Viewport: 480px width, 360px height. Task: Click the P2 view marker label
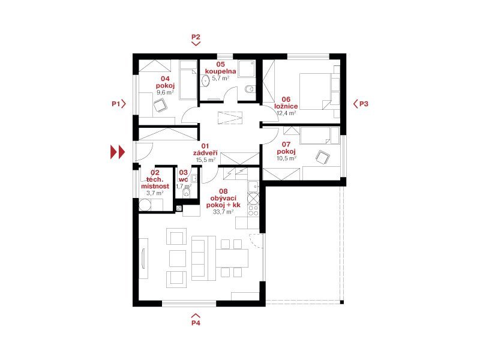tap(196, 37)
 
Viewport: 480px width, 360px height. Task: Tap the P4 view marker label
tap(196, 323)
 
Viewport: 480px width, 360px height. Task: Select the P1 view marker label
tap(116, 104)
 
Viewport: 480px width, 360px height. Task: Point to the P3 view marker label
tap(364, 104)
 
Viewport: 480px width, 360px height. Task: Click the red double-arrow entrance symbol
tap(118, 152)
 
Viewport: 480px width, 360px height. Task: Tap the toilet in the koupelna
tap(250, 89)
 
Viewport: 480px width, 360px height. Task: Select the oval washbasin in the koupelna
tap(205, 81)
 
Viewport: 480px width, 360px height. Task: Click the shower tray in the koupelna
tap(247, 69)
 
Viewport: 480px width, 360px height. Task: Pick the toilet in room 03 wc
tap(187, 193)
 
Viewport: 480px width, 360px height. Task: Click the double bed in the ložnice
tap(316, 91)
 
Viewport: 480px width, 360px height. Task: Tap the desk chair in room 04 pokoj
tap(160, 106)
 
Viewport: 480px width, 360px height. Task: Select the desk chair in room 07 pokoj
tap(323, 157)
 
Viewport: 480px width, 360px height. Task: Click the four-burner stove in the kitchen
tap(253, 211)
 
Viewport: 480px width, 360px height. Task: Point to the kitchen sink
tap(253, 186)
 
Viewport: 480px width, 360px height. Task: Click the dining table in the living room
tap(232, 258)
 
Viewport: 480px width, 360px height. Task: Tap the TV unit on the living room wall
tap(143, 259)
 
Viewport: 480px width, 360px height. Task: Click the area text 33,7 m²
tap(223, 212)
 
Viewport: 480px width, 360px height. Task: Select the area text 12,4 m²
tap(286, 113)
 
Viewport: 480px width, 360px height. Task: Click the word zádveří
tap(205, 153)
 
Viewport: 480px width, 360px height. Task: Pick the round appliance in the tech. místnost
tap(145, 205)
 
